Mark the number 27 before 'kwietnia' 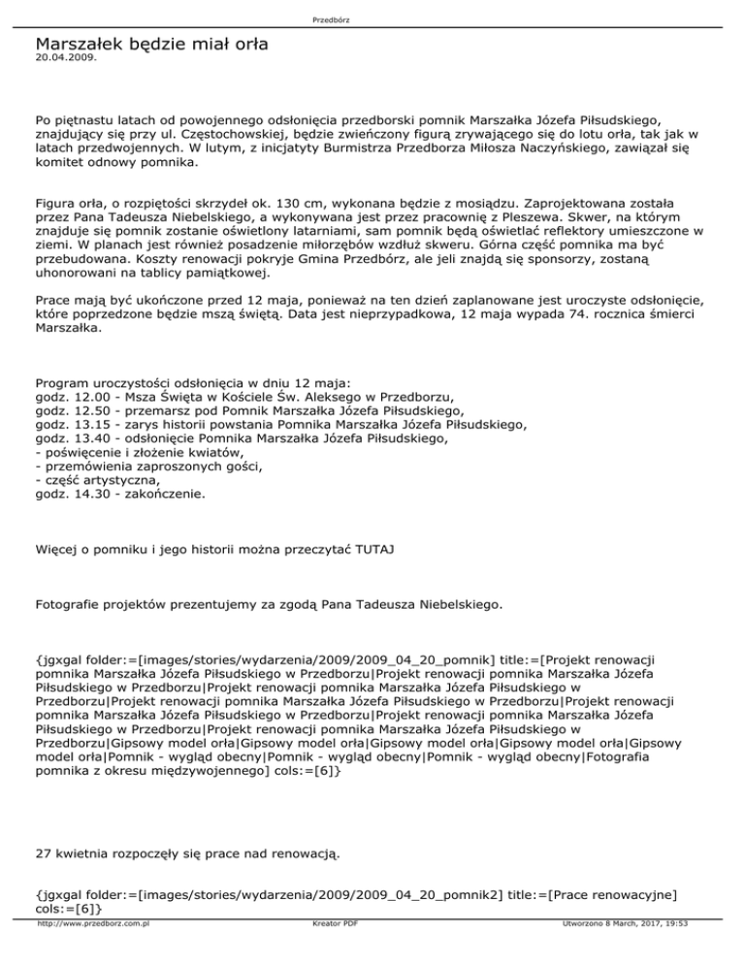43,854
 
